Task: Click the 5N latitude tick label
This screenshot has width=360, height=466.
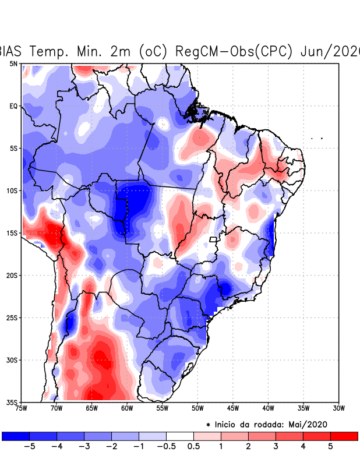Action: click(x=13, y=63)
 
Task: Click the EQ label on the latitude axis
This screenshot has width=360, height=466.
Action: click(x=13, y=106)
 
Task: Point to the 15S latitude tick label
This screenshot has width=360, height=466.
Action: click(x=12, y=233)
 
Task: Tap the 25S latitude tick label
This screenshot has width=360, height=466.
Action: click(x=12, y=317)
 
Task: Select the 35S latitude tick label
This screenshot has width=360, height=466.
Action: click(x=12, y=402)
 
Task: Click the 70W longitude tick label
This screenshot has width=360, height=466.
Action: click(x=57, y=408)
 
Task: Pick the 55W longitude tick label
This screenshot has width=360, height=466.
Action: click(x=162, y=408)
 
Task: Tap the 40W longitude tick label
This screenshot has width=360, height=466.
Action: click(x=268, y=408)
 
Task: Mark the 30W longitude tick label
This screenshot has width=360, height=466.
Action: click(x=338, y=408)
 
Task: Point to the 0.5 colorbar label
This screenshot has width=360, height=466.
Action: click(x=194, y=446)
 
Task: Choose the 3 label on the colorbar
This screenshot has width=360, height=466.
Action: click(x=276, y=446)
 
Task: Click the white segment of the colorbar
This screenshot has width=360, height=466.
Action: click(x=180, y=436)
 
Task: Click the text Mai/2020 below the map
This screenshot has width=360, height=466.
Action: click(x=310, y=425)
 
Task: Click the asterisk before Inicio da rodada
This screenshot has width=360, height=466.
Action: click(x=209, y=425)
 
